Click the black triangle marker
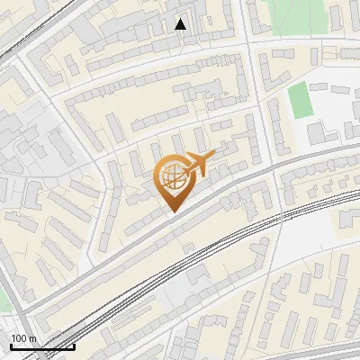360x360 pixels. [181, 24]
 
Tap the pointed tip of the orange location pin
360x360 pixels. [171, 211]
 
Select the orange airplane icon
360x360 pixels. [199, 164]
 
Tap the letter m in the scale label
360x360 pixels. [32, 337]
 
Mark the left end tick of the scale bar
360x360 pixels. [10, 346]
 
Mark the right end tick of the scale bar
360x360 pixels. [74, 346]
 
